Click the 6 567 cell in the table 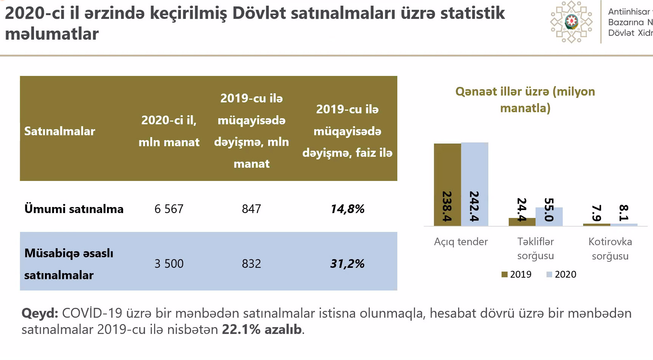coord(169,209)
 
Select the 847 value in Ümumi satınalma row coord(252,209)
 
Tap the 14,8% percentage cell coord(347,209)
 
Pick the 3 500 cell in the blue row coord(169,263)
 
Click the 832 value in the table coord(252,263)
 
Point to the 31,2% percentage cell coord(347,263)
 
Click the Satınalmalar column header coord(60,131)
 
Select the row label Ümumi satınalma coord(74,209)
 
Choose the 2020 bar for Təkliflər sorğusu coord(549,217)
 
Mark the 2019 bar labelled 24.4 coord(522,222)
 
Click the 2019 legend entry coord(516,275)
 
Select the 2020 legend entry coord(561,275)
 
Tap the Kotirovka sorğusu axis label coord(610,249)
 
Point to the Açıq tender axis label coord(461,242)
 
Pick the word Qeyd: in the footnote coord(40,313)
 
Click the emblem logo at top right coord(571,22)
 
